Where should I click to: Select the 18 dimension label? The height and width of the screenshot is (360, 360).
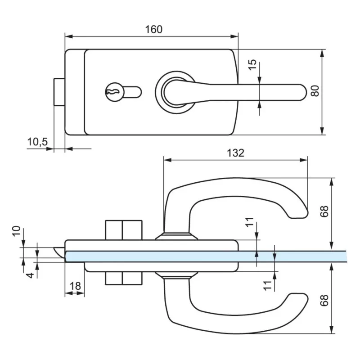pyautogui.click(x=75, y=285)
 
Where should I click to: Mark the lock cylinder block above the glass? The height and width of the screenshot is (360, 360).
pyautogui.click(x=124, y=230)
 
